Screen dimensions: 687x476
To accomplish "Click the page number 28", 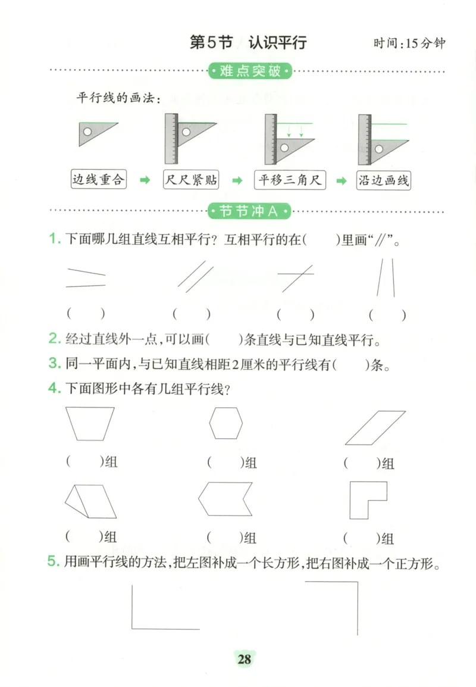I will tap(244, 658).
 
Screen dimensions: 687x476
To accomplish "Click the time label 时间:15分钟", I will tap(409, 44).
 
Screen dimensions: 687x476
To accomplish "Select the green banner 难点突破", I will tap(250, 72).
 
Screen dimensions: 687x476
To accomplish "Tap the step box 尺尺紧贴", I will tap(190, 180).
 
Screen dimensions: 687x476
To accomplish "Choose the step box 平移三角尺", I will tap(290, 180).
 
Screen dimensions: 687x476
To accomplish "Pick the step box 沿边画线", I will tap(384, 180).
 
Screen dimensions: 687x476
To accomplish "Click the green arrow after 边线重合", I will tap(144, 180).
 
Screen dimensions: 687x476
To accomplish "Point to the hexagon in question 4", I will tap(226, 423).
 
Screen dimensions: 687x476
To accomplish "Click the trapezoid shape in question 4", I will tap(90, 423).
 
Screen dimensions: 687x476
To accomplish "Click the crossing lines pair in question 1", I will tap(296, 277).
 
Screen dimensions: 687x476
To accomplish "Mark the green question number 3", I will tap(54, 364).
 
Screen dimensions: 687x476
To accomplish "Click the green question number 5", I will tap(54, 562).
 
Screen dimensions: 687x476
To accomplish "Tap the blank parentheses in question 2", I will tap(223, 340).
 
